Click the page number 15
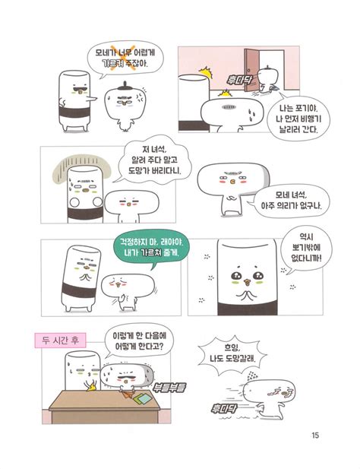[x=315, y=436]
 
